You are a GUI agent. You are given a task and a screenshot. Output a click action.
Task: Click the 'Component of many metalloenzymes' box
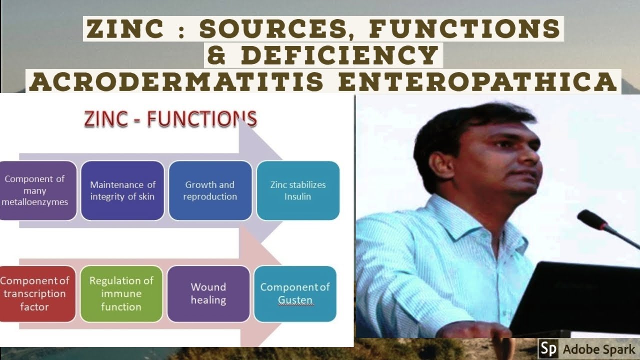click(37, 190)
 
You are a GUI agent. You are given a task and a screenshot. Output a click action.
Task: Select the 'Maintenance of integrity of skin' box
click(122, 190)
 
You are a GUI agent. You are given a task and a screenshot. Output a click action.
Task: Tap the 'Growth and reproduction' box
click(210, 190)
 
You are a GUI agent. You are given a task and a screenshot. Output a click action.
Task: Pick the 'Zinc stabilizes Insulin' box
click(298, 190)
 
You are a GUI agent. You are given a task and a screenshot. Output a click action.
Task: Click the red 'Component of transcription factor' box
click(36, 293)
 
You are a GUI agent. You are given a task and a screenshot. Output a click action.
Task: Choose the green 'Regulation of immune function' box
click(121, 293)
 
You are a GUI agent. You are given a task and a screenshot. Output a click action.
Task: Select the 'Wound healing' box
click(208, 293)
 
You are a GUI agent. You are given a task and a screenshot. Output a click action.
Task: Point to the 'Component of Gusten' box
click(295, 293)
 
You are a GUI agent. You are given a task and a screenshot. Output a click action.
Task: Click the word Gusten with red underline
click(295, 300)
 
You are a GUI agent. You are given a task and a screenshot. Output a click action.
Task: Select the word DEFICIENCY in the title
click(339, 55)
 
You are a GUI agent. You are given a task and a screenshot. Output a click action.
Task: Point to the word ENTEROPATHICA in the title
click(477, 81)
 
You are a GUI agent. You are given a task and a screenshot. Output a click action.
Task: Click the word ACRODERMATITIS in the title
click(178, 81)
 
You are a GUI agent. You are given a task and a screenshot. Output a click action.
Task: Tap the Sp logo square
click(548, 348)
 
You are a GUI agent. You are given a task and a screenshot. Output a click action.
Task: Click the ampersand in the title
click(216, 55)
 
